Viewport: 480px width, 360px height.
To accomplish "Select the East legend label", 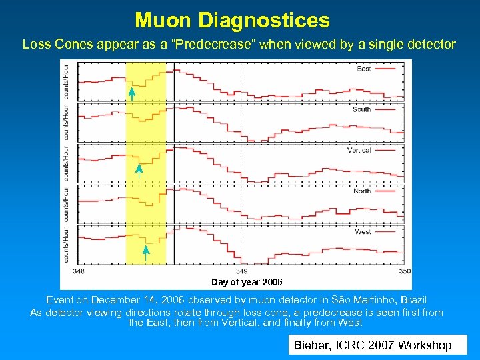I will coord(365,69).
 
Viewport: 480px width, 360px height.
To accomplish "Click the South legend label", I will coord(362,109).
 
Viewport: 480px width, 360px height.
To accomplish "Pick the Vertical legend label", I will coord(359,150).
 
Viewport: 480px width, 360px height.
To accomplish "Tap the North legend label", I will coord(362,191).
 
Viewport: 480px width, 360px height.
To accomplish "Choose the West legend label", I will coord(363,231).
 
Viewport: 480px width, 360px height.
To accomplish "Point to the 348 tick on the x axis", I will coord(79,271).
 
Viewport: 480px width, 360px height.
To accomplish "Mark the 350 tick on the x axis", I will coord(405,271).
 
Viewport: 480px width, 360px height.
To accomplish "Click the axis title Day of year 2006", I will coord(247,283).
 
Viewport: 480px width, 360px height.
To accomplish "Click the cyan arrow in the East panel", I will coord(132,93).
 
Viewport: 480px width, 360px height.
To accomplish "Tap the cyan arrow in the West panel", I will coord(146,251).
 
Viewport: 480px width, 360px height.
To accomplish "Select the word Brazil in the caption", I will coord(411,301).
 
